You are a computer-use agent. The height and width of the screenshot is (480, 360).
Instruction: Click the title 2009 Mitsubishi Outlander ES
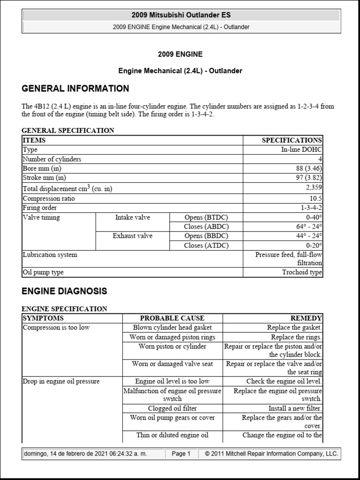click(x=181, y=15)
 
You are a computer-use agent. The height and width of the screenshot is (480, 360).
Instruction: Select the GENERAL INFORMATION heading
click(x=75, y=89)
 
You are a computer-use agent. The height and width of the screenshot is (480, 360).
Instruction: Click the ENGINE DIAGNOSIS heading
click(x=64, y=291)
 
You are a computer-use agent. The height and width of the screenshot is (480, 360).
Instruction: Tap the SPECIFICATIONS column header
click(x=292, y=140)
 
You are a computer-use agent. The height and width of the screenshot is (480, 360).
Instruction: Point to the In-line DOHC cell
click(x=301, y=150)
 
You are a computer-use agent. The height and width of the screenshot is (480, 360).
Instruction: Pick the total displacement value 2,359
click(x=313, y=187)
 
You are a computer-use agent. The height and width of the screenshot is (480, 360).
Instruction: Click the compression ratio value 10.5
click(x=315, y=198)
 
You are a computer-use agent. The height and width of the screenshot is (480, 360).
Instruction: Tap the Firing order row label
click(x=40, y=208)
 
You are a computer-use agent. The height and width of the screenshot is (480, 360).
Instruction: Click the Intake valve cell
click(x=133, y=217)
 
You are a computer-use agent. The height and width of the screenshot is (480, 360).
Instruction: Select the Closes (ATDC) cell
click(x=206, y=245)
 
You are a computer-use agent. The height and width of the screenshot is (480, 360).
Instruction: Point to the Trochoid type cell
click(x=302, y=272)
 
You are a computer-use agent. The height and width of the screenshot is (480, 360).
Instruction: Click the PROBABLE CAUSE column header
click(x=172, y=318)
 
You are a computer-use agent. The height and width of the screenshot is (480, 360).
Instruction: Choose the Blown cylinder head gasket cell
click(x=172, y=328)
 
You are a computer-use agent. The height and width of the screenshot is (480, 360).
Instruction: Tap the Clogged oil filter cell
click(x=172, y=408)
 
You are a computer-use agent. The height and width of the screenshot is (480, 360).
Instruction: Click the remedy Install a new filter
click(x=295, y=408)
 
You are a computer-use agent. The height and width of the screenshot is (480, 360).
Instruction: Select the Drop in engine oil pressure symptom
click(x=61, y=382)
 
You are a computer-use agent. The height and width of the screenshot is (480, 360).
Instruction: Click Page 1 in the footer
click(x=181, y=454)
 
